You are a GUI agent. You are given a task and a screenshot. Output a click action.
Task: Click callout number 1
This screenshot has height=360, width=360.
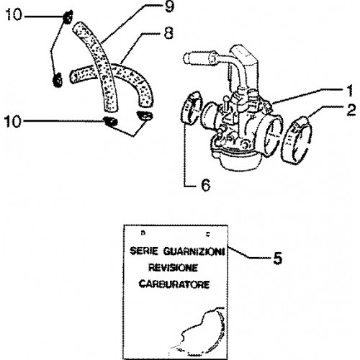[350, 91]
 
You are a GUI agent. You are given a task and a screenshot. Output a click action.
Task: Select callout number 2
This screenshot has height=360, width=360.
[351, 110]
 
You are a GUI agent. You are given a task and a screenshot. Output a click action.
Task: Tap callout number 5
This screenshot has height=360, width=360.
[278, 258]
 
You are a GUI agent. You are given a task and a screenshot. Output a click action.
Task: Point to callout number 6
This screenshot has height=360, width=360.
[206, 185]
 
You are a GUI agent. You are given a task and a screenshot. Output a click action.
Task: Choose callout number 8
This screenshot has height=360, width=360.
[168, 33]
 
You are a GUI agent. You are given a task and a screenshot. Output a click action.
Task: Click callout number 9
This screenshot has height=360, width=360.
[169, 6]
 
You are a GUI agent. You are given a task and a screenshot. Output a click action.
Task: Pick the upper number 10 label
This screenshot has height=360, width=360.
[14, 14]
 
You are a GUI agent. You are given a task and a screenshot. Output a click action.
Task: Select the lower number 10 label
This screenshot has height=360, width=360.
[13, 121]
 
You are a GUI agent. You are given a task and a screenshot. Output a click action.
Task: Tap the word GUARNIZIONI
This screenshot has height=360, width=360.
[194, 252]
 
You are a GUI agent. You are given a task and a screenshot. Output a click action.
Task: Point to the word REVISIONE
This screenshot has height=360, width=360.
[173, 268]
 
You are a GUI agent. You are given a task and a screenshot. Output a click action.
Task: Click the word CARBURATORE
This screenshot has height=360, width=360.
[174, 284]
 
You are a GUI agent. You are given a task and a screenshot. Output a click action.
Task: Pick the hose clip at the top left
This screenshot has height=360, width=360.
[67, 17]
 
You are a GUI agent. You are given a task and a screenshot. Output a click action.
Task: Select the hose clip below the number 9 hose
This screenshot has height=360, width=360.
[110, 122]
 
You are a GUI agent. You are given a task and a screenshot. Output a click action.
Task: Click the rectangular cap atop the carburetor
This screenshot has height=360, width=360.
[244, 55]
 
